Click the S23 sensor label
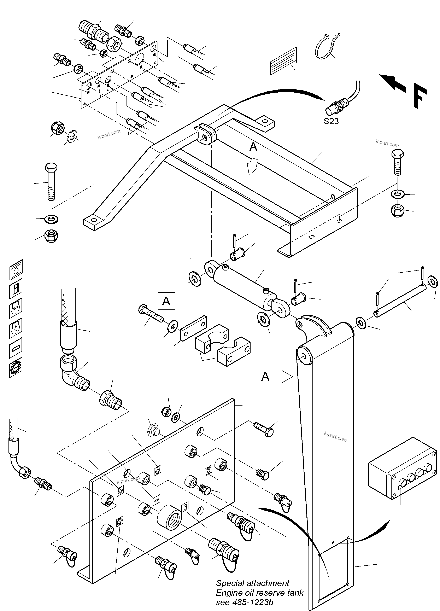click(331, 122)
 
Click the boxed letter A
click(166, 301)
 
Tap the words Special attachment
click(252, 583)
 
